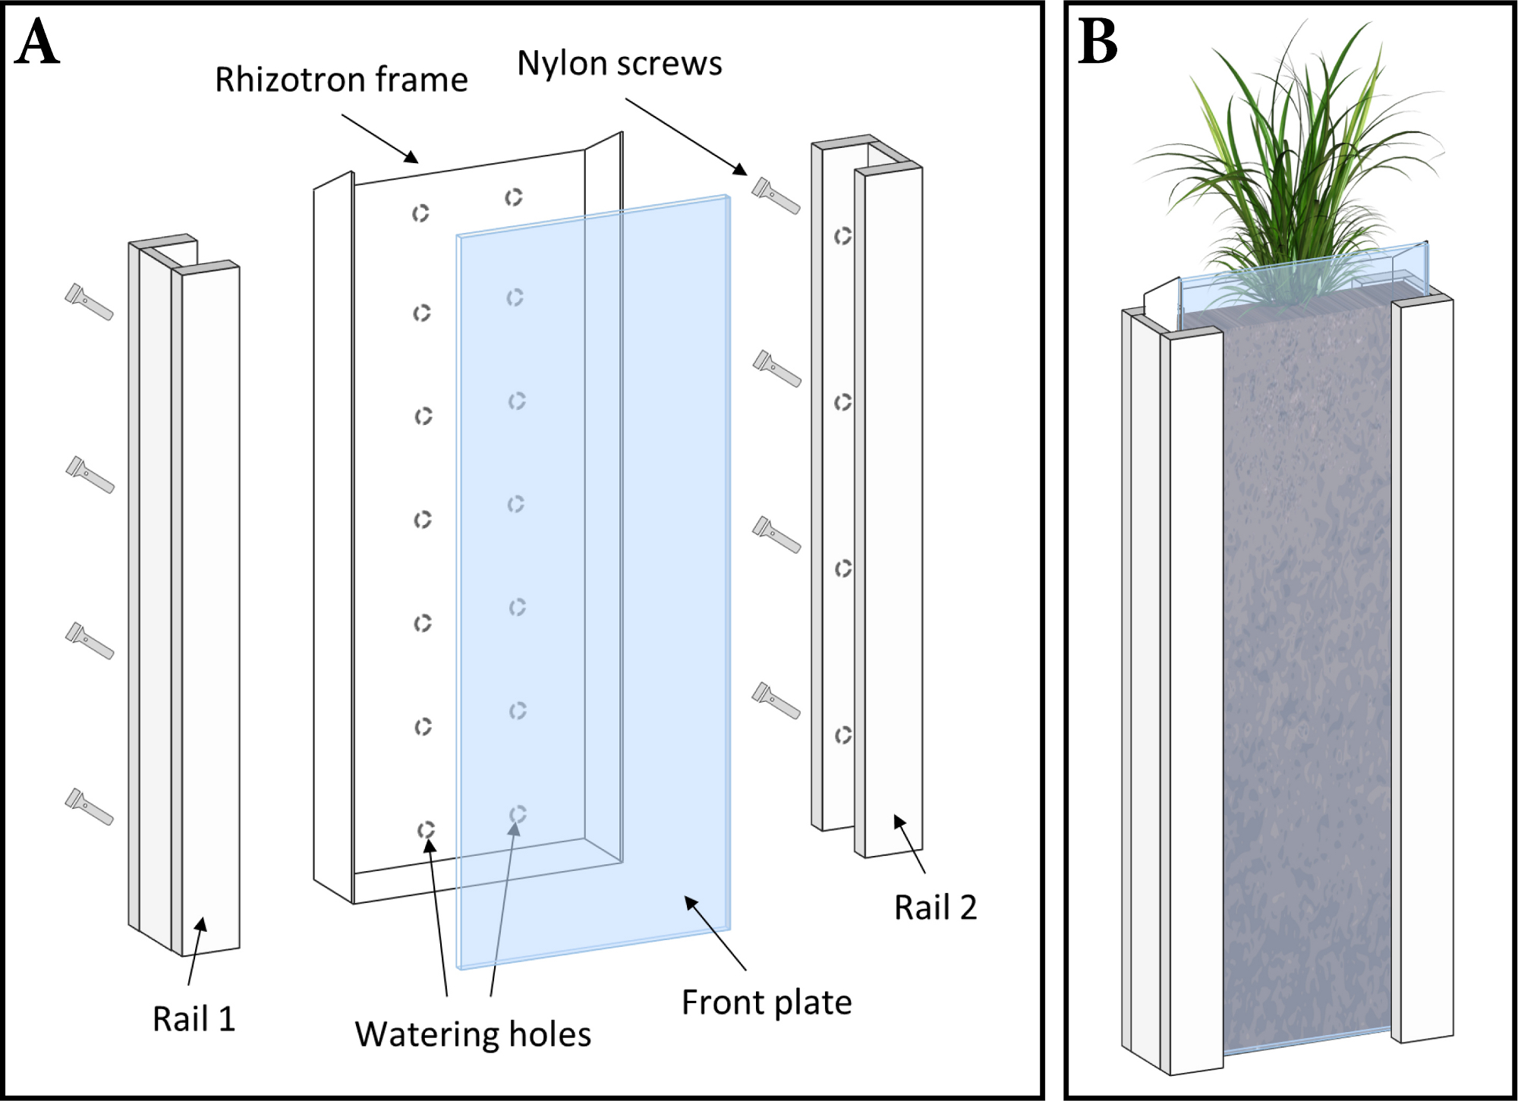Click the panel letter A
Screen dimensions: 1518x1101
[37, 42]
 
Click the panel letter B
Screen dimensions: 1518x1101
[1098, 42]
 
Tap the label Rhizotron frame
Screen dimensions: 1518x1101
[342, 80]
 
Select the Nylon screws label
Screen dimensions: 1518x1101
[620, 64]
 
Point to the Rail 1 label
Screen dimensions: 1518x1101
[194, 1019]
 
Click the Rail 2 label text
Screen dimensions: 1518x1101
[936, 908]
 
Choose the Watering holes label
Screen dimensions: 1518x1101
[473, 1034]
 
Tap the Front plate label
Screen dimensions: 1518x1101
[767, 1002]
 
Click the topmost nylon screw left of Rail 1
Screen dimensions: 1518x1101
[90, 302]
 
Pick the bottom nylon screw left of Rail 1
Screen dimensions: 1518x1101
[90, 807]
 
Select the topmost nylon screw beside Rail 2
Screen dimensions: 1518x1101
[776, 196]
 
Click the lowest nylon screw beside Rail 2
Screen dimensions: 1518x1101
[776, 700]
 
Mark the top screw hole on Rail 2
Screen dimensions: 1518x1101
[842, 237]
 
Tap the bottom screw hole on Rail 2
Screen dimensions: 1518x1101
[842, 735]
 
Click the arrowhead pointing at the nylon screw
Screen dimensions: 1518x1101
[740, 169]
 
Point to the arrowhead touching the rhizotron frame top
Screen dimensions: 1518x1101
[411, 157]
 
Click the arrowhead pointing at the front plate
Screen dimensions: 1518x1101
[691, 903]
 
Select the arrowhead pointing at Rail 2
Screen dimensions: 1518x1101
[899, 822]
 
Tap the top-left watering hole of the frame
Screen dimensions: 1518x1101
[420, 213]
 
